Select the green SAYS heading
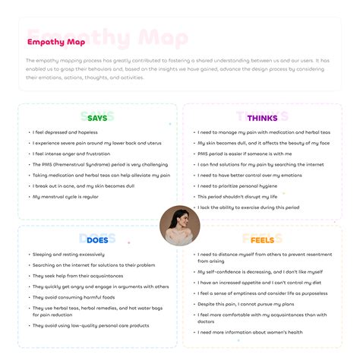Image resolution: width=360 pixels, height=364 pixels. click(97, 118)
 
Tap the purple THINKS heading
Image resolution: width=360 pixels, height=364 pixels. click(262, 118)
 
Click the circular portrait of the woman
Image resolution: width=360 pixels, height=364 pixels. click(181, 225)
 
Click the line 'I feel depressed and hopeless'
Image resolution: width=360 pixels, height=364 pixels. click(60, 131)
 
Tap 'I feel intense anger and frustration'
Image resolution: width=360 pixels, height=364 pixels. click(67, 154)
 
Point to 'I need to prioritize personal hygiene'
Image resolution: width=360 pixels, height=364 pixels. click(237, 186)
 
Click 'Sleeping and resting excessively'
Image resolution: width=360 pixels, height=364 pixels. click(68, 254)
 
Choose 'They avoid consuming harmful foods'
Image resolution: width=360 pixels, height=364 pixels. click(73, 297)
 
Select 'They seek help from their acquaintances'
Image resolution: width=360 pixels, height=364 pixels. click(77, 276)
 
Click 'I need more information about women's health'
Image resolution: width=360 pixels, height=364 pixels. click(250, 332)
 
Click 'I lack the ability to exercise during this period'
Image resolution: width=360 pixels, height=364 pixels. click(248, 207)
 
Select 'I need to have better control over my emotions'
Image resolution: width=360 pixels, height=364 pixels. click(248, 176)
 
